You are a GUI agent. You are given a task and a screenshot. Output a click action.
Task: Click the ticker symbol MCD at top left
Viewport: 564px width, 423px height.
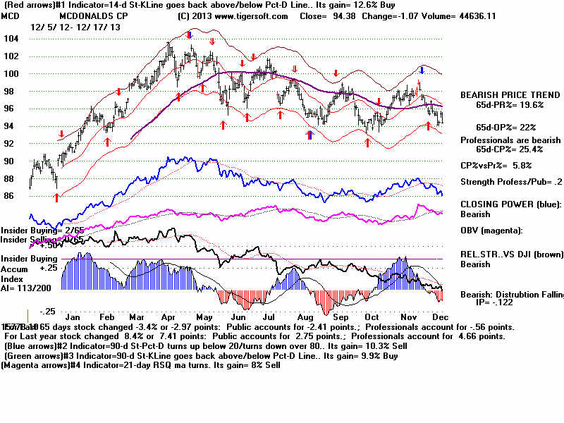click(11, 16)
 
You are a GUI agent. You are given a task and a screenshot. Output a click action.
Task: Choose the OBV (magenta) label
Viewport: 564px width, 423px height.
click(492, 231)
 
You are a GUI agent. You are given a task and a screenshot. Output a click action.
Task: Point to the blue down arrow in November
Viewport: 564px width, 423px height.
click(422, 70)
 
